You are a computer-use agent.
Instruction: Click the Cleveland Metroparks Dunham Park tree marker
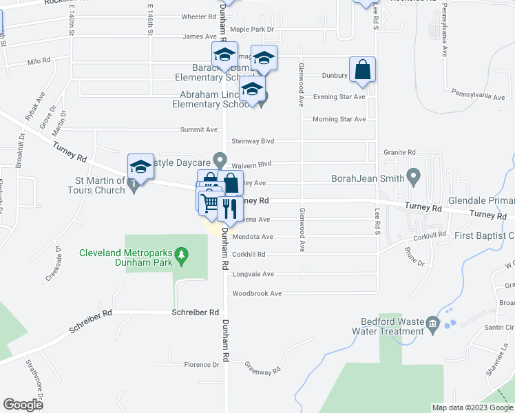[x=182, y=256]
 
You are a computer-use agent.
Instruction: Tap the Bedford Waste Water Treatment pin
[x=432, y=323]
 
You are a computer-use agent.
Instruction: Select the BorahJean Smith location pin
[x=414, y=178]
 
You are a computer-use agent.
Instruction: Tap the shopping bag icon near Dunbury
[x=362, y=70]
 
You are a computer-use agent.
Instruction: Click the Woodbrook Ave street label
[x=257, y=293]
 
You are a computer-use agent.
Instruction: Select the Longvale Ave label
[x=253, y=274]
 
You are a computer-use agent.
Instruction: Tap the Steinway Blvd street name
[x=253, y=141]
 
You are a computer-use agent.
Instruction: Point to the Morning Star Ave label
[x=339, y=119]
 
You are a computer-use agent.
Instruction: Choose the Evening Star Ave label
[x=339, y=97]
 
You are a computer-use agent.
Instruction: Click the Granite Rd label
[x=400, y=152]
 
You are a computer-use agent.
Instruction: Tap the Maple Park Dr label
[x=251, y=30]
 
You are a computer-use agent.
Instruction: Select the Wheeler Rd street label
[x=179, y=17]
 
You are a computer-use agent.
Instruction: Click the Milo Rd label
[x=39, y=61]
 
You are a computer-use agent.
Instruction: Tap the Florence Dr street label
[x=201, y=365]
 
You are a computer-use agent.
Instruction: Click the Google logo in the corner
[x=23, y=405]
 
